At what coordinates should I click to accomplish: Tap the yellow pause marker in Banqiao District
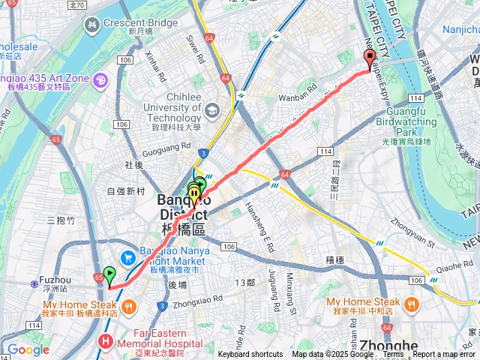195,196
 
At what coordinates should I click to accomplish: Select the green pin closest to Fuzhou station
109,275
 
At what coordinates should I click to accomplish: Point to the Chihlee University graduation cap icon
211,112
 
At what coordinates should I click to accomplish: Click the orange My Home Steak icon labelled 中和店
411,304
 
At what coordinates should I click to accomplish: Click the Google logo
28,349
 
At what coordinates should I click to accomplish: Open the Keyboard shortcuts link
250,355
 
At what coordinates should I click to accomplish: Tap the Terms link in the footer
393,355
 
